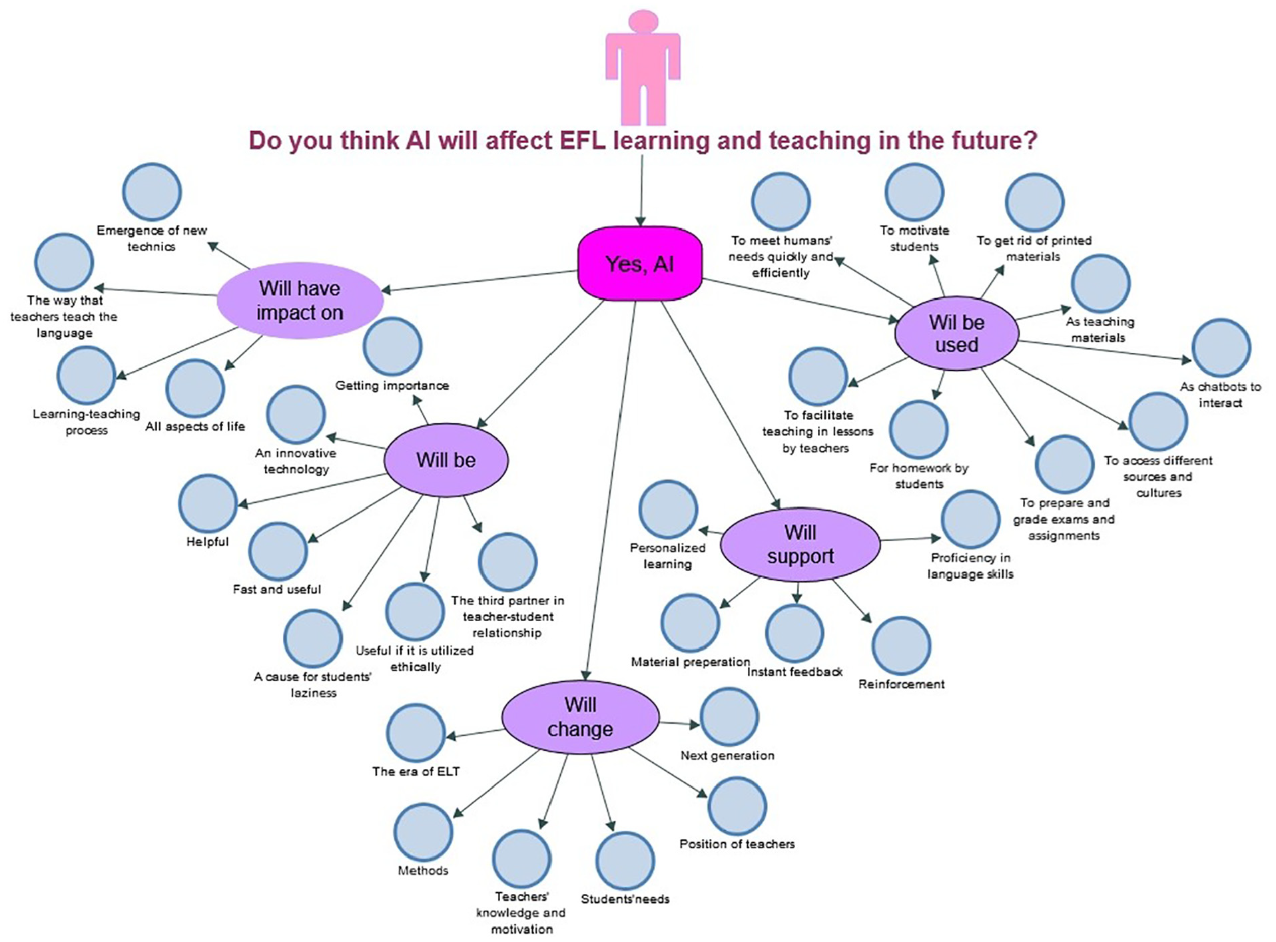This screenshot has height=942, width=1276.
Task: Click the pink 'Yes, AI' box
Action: pos(639,264)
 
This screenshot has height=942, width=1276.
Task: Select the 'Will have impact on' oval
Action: pos(300,300)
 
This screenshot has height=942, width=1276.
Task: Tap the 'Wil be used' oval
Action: pos(956,334)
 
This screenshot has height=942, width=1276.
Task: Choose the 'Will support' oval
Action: pos(800,545)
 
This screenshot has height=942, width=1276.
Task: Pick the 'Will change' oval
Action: pos(579,717)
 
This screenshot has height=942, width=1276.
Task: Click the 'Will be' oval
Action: pos(446,460)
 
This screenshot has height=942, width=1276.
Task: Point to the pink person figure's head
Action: pos(643,21)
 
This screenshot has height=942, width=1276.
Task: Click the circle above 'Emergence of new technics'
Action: pos(152,192)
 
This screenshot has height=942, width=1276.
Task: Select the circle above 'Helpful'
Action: pos(208,503)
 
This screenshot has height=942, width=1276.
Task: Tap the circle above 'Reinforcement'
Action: pos(901,646)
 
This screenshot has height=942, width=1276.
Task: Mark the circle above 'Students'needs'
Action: pos(625,861)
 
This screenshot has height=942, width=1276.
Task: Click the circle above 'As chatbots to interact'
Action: pos(1221,348)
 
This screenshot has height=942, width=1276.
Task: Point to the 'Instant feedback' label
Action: pos(795,672)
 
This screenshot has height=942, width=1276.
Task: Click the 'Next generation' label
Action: pos(727,756)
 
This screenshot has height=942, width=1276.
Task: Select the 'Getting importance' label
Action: pos(392,385)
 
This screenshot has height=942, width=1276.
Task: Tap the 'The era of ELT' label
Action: pos(416,772)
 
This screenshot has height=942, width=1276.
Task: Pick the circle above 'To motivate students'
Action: pos(914,192)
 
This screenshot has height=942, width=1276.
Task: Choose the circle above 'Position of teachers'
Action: pos(737,806)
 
